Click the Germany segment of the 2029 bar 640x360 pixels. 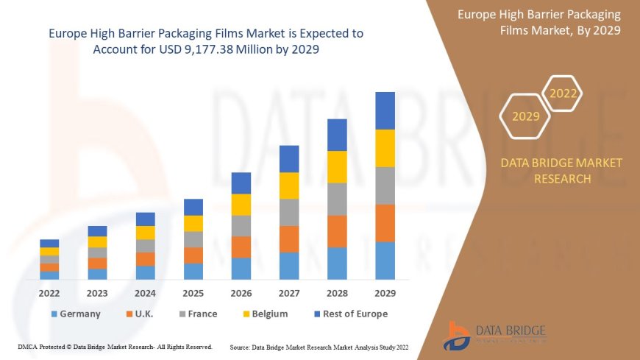[385, 261]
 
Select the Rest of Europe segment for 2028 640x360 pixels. [337, 135]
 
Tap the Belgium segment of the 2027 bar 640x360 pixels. [289, 186]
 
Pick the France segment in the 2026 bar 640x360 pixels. [241, 225]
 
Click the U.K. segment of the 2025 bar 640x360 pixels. [193, 255]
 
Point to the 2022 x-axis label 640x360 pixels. [49, 292]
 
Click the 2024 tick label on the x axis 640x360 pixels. [145, 292]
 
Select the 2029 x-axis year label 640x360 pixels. [385, 292]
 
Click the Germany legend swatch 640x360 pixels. [54, 314]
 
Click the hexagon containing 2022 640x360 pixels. [563, 93]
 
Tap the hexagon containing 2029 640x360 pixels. [525, 116]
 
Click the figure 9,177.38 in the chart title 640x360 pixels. [221, 49]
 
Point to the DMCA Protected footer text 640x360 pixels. [115, 346]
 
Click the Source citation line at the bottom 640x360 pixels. [319, 347]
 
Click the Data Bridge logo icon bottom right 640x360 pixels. [458, 336]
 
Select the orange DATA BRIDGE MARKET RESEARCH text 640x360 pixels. [561, 170]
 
